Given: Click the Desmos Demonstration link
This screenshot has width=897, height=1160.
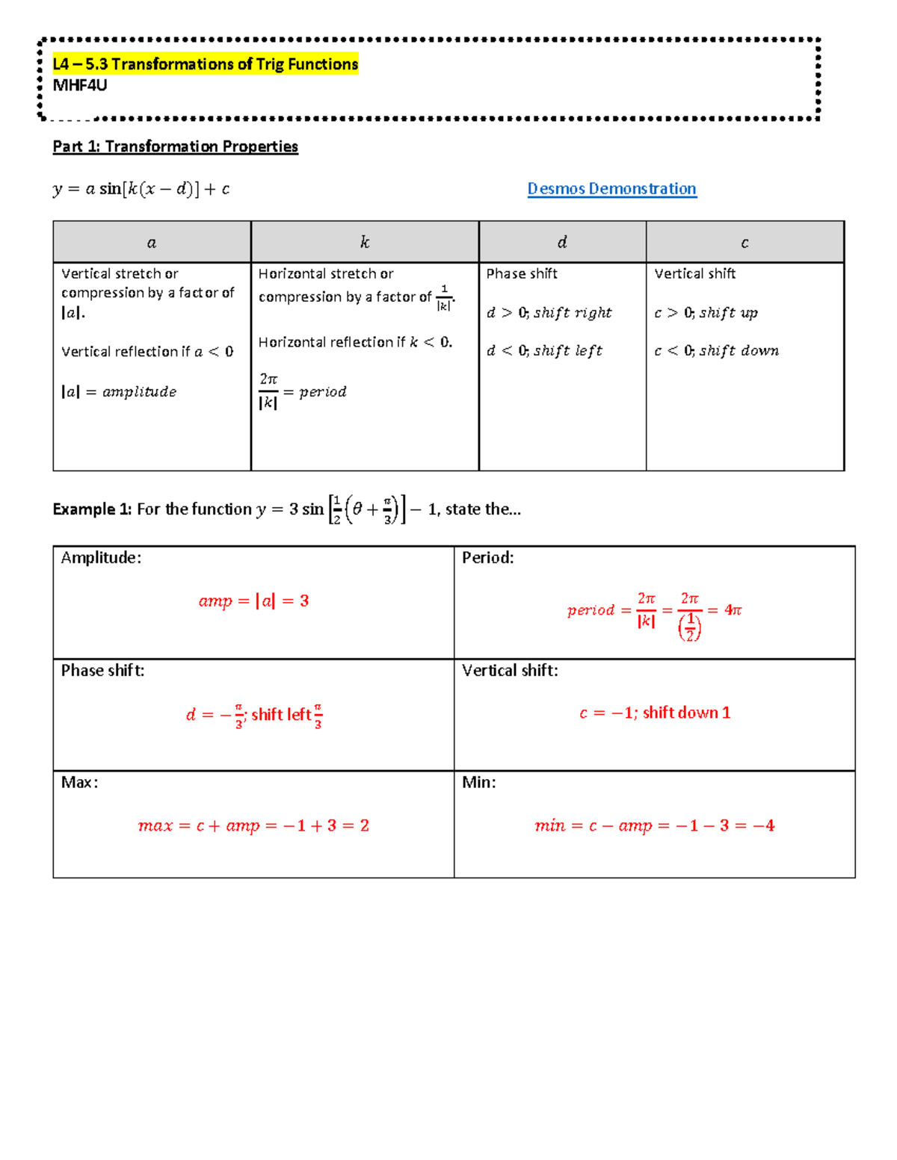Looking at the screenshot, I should coord(611,189).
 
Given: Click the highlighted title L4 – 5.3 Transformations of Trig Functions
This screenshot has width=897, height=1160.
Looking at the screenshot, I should coord(206,64).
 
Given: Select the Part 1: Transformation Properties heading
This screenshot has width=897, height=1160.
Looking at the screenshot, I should coord(175,146).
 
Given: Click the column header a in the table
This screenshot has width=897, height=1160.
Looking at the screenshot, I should coord(152,243).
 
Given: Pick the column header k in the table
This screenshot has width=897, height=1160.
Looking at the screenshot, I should coord(365,242).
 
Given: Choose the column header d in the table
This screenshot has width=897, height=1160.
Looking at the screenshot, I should coord(562,242).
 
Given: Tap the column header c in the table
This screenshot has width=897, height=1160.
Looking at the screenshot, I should coord(745,243).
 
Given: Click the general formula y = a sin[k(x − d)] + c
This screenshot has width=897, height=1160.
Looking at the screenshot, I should coord(141,189).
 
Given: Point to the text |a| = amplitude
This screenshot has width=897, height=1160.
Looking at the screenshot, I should coord(119,392).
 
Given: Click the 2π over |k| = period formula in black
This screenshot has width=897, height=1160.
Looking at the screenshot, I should coord(302,391).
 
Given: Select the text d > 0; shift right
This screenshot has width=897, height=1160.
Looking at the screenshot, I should coord(549,313).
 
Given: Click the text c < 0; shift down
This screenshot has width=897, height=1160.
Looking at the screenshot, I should coord(716,351).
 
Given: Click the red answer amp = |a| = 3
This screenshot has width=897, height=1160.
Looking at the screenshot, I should coord(253,601).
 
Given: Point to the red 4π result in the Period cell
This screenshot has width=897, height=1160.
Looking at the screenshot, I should coord(733,610).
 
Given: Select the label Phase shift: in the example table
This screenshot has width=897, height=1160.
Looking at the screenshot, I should coord(103,671).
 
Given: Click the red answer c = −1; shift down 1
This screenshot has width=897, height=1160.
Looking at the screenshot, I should coord(655,713).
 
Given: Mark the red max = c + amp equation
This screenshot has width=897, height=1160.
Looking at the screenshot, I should coord(253,826).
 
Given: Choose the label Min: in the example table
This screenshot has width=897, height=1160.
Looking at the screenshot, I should coord(479,783).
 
